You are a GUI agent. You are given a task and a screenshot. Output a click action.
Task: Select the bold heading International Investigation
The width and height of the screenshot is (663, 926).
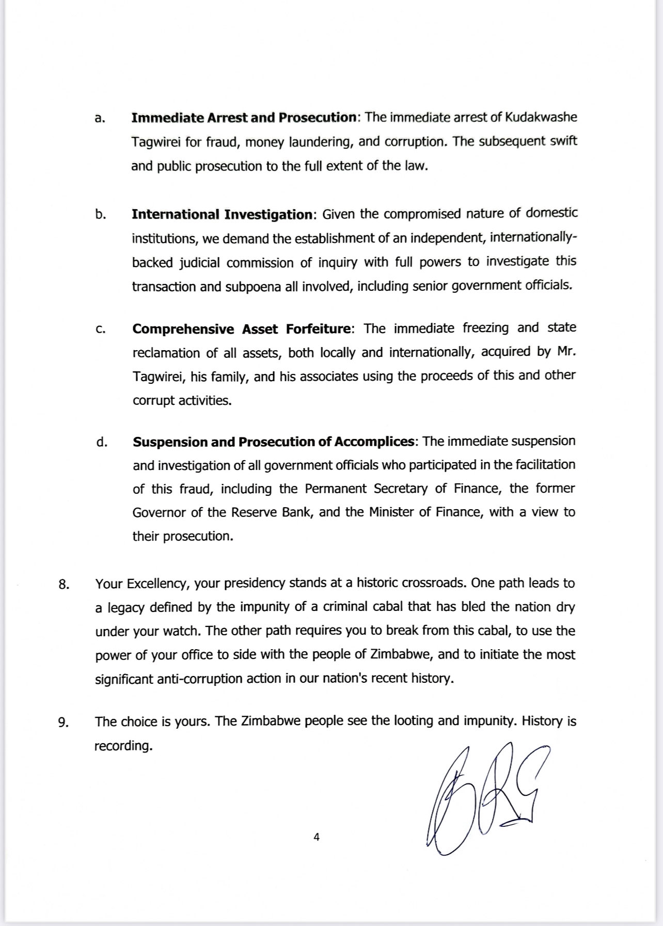[x=222, y=214]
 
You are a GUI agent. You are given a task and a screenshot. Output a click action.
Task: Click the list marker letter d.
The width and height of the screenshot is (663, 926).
[x=102, y=442]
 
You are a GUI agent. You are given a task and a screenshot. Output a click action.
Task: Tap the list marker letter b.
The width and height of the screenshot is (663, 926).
[x=100, y=214]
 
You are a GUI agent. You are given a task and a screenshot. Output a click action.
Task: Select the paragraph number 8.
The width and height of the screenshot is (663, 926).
[x=64, y=585]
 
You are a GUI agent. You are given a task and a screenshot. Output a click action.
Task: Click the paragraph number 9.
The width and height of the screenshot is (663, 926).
[x=64, y=723]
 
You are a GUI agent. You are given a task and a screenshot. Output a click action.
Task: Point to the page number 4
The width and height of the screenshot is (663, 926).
[x=317, y=837]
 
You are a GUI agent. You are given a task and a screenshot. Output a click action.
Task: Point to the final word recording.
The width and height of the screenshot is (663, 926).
[x=123, y=746]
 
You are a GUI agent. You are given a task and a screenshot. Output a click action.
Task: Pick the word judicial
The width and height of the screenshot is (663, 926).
[x=201, y=263]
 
